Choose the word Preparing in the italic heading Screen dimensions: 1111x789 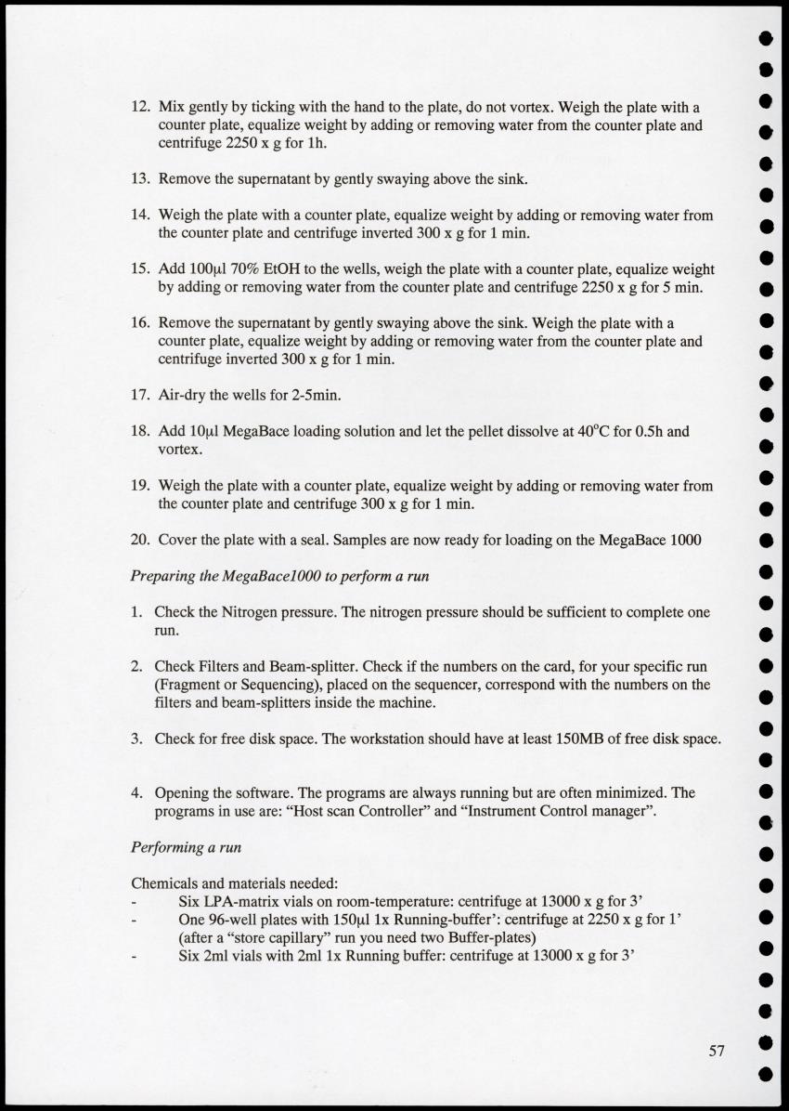[164, 576]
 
